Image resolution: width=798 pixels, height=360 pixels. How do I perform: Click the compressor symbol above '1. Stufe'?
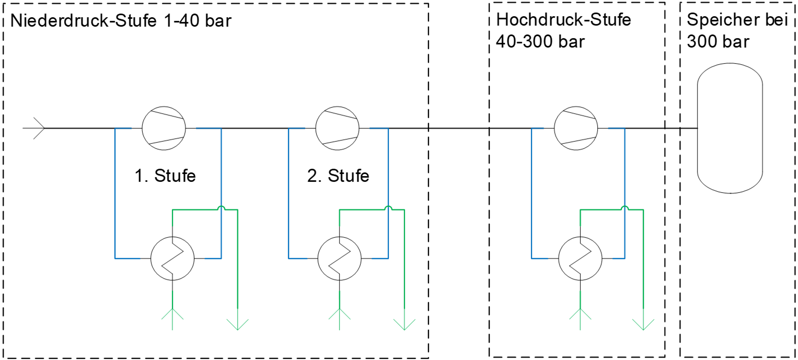click(x=164, y=127)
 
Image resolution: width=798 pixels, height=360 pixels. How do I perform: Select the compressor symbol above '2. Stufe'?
click(x=337, y=127)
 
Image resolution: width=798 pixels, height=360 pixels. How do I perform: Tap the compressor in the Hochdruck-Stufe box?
click(x=575, y=127)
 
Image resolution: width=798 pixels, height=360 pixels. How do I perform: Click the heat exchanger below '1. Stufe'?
click(x=172, y=258)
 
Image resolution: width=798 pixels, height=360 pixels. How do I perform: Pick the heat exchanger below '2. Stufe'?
click(x=340, y=258)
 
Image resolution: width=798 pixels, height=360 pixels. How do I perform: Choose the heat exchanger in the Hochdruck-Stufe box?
click(x=580, y=258)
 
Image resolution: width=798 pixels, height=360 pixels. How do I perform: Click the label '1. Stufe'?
click(x=165, y=176)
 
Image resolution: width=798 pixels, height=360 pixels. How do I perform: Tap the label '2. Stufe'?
click(x=338, y=176)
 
